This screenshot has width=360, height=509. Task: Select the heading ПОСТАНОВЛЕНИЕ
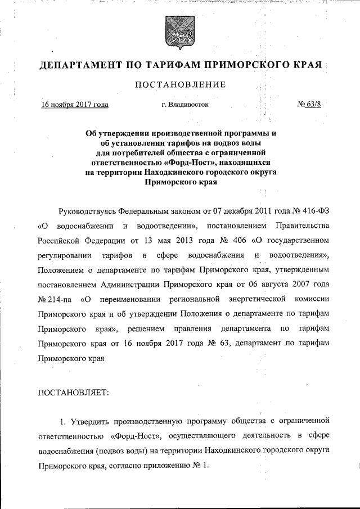179,85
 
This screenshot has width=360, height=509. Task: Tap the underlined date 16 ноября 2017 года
75,105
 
